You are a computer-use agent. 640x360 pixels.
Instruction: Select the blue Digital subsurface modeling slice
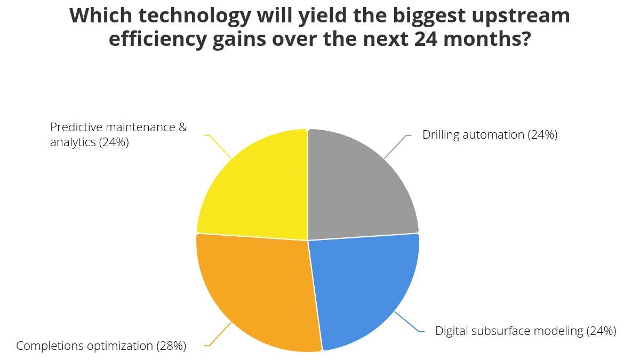point(363,288)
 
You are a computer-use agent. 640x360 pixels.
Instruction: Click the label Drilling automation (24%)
point(490,135)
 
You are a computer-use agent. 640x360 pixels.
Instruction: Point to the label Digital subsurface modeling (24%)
point(525,331)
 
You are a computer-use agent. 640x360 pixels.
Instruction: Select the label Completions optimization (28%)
point(101,346)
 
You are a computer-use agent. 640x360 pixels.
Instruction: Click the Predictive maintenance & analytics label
point(118,135)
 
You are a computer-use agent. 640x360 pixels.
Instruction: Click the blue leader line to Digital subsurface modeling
point(407,323)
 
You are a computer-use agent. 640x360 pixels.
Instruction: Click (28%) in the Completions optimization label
point(171,346)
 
